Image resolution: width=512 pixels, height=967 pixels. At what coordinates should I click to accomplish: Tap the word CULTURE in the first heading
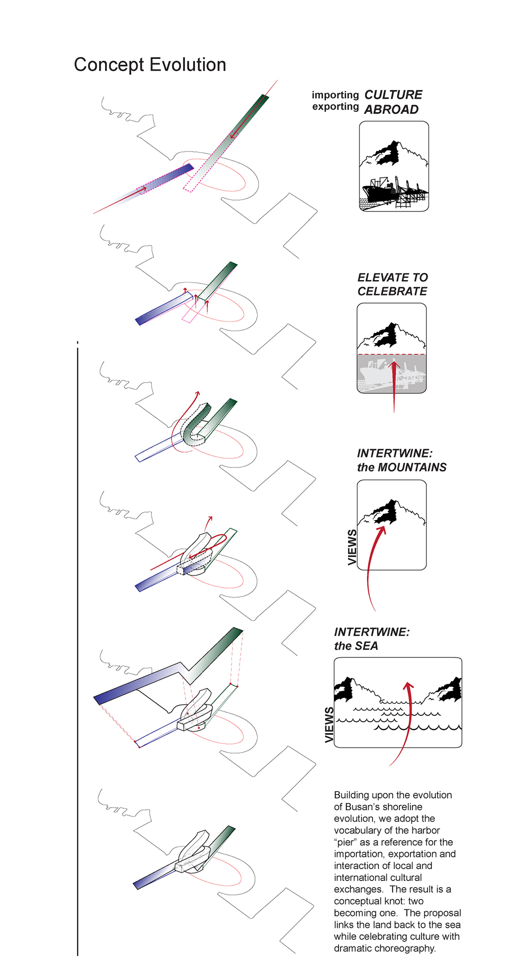point(393,95)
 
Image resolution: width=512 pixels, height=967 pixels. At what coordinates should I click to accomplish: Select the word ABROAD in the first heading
point(391,109)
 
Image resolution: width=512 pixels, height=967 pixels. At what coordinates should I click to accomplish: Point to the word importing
point(335,95)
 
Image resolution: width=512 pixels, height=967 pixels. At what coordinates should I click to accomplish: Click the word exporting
point(335,106)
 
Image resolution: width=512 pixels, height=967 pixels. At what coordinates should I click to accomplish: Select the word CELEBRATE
point(392,291)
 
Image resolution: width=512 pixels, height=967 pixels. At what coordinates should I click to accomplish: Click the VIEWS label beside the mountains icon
point(352,547)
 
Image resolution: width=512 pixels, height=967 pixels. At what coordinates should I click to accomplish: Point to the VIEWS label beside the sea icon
point(329,724)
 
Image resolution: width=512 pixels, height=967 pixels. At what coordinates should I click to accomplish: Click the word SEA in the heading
point(366,646)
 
